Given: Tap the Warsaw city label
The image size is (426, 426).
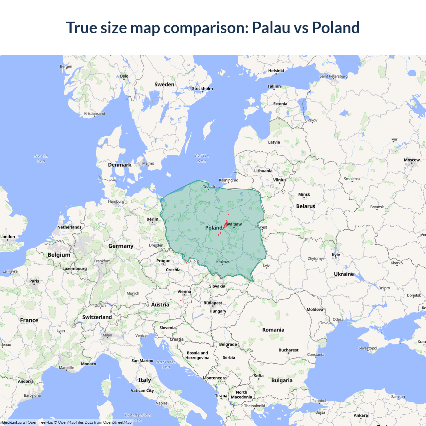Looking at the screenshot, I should (234, 224).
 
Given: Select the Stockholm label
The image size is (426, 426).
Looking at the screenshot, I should (202, 89).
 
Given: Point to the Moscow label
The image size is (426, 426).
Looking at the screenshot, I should (412, 160).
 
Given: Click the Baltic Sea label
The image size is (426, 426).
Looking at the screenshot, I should (202, 158).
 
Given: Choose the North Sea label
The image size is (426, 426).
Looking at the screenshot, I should (41, 158).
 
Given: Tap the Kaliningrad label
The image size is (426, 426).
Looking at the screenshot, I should (229, 180).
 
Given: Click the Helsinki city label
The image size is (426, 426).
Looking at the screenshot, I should (276, 71).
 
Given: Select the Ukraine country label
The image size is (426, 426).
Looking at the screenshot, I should (344, 274).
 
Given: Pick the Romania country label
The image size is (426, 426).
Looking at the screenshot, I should (273, 330).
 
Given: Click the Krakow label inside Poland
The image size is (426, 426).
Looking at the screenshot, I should (222, 262).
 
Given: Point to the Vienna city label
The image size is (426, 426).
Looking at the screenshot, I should (184, 292).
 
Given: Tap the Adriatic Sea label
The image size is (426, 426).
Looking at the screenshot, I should (166, 364).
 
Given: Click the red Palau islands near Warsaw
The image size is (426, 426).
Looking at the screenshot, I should (225, 226).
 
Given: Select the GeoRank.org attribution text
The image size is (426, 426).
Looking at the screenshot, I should (14, 422).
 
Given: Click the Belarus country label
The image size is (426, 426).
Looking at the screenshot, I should (306, 206).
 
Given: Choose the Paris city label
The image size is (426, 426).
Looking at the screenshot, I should (34, 281).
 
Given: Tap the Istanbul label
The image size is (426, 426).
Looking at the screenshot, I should (319, 401).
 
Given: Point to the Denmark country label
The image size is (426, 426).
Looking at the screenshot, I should (119, 165).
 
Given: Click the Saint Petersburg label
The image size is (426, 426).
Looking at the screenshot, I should (333, 76).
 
